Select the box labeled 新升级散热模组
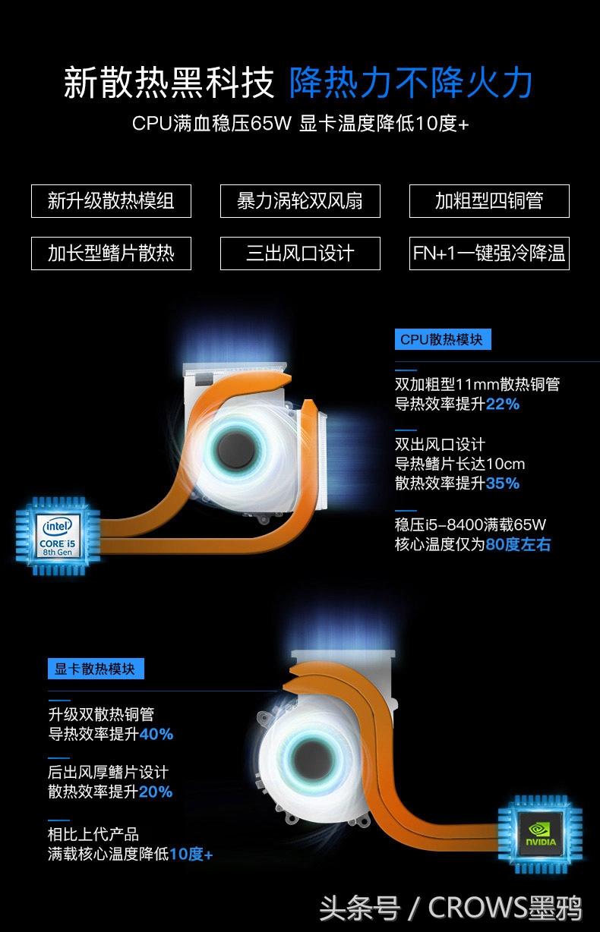pos(111,201)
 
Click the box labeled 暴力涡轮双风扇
pos(300,201)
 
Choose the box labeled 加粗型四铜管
pos(489,201)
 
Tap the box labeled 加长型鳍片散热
pos(111,253)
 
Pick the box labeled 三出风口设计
pos(300,253)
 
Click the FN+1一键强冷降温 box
pos(489,253)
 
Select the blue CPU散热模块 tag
pos(443,339)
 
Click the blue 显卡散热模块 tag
pos(96,669)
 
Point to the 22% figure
pos(503,405)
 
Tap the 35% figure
pos(503,483)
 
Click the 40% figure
pos(156,734)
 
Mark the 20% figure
pos(156,792)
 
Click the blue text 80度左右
pos(518,544)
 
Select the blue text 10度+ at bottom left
pos(191,854)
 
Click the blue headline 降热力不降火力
pos(410,83)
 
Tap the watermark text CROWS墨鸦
pos(504,907)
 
